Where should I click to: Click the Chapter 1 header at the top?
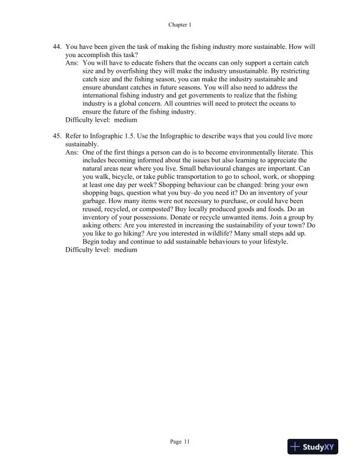pos(180,25)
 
